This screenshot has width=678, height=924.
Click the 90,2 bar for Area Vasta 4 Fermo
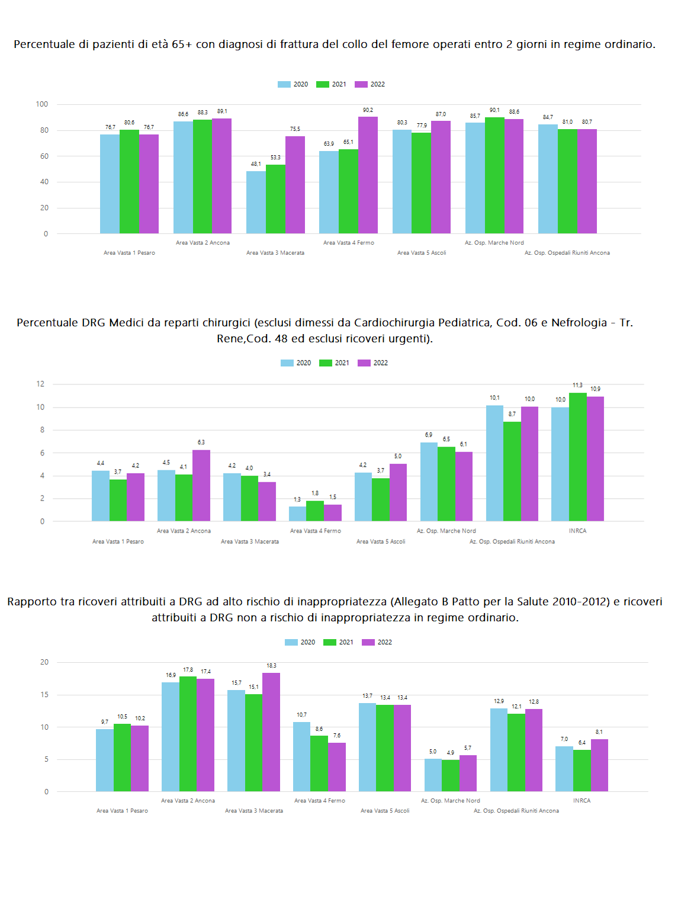(x=368, y=175)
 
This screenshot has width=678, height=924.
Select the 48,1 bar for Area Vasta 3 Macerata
(x=256, y=202)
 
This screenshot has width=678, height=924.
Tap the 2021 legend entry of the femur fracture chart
(x=331, y=84)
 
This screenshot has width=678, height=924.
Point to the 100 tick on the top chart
(x=42, y=104)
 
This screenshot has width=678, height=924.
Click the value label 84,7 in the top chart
(x=548, y=117)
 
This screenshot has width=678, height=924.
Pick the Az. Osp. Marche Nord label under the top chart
(x=494, y=242)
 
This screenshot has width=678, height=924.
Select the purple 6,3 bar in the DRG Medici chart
(x=201, y=486)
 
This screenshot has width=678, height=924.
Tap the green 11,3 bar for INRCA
(x=577, y=457)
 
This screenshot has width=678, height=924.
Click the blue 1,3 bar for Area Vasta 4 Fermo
(x=297, y=514)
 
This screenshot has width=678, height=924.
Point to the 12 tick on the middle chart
(x=40, y=384)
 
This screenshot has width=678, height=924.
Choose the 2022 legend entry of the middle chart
(x=372, y=363)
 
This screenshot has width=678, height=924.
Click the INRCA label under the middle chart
(x=577, y=531)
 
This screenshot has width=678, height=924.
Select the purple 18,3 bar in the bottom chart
(x=271, y=732)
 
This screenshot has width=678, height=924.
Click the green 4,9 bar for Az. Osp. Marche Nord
(x=451, y=775)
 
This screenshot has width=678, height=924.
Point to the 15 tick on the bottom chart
(x=44, y=695)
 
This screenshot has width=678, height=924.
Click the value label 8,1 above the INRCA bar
(x=599, y=732)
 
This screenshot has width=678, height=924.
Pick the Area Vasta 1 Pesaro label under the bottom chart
(x=122, y=810)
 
